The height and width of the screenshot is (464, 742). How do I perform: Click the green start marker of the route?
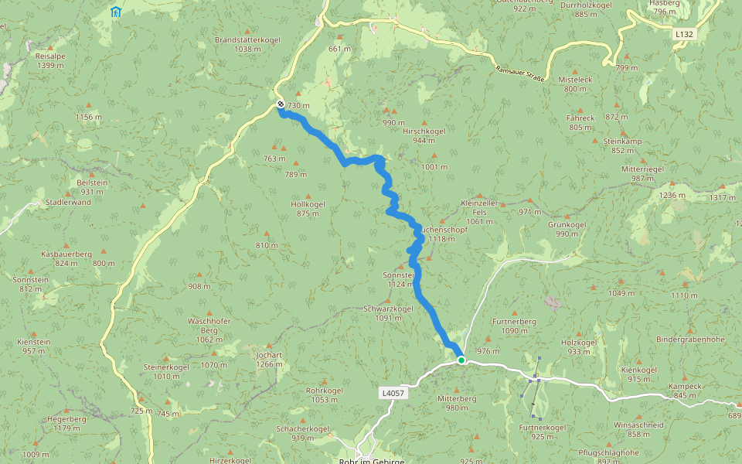click(461, 360)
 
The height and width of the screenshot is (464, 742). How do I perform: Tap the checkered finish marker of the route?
click(281, 104)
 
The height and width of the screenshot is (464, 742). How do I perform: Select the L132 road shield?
click(682, 34)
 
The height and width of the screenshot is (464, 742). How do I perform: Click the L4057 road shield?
click(392, 393)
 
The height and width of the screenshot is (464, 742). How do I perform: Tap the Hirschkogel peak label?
click(424, 131)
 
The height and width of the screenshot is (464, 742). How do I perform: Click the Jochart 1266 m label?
click(268, 360)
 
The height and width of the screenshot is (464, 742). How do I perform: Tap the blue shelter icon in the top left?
click(115, 12)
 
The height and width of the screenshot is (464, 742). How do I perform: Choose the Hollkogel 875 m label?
click(308, 209)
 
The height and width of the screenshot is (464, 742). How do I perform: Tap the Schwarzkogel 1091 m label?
click(388, 312)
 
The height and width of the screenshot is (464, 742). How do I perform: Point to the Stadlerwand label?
click(68, 202)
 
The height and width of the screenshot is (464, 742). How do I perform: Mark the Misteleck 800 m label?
click(575, 84)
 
